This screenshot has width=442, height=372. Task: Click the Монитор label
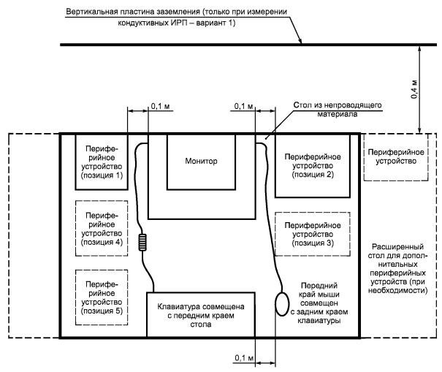(202, 161)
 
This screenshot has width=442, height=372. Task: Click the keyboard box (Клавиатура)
(201, 315)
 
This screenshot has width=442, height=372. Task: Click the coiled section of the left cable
(143, 242)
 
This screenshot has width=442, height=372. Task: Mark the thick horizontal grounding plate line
(219, 46)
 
